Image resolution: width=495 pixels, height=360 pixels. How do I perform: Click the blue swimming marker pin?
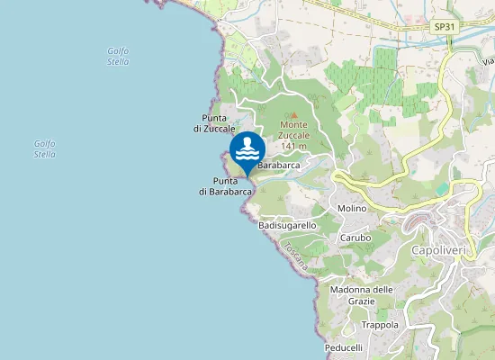click(247, 149)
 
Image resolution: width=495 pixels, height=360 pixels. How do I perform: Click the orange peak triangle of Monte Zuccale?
click(293, 114)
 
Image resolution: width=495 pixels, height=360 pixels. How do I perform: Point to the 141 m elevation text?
click(294, 146)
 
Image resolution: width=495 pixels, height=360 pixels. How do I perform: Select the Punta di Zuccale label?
click(213, 123)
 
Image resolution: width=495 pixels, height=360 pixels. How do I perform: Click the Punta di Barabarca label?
click(225, 186)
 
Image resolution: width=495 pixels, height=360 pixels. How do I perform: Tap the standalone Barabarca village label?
click(279, 166)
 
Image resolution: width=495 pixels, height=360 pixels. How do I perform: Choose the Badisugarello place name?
click(287, 225)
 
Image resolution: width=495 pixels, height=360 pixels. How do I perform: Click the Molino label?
click(353, 208)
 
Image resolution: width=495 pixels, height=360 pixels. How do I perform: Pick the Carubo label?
click(355, 238)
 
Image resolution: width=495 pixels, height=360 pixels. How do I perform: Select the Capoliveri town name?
click(437, 249)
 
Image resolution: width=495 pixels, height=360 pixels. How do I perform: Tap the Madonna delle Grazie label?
click(362, 294)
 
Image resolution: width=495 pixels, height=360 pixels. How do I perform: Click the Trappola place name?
click(379, 325)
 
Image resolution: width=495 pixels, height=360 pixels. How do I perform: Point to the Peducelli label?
click(344, 347)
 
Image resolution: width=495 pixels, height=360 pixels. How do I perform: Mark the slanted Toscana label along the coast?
click(295, 257)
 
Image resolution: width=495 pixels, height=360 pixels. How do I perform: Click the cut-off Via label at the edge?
click(488, 61)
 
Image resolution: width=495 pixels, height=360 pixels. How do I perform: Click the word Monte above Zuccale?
click(293, 125)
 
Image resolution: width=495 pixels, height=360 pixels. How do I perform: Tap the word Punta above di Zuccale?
click(214, 118)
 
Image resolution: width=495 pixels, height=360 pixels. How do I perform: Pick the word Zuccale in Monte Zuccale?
click(293, 135)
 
